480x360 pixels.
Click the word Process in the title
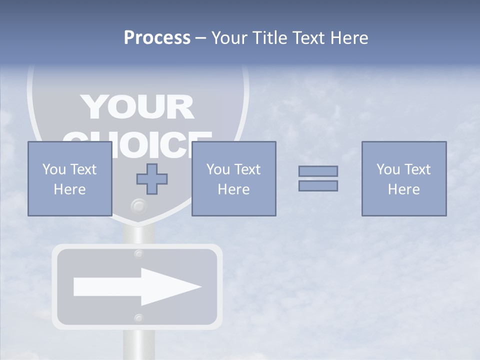pos(157,37)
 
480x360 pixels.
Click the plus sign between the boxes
pos(152,179)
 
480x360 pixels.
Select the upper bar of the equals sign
pos(318,171)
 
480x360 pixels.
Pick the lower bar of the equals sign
pos(318,185)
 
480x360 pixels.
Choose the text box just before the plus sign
pos(69,178)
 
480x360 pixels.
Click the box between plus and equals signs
pos(233,178)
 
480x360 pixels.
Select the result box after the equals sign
pos(403,178)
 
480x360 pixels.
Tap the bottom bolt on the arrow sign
pos(139,318)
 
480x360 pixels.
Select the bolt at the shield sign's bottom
pos(138,205)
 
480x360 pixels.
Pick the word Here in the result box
pos(403,189)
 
